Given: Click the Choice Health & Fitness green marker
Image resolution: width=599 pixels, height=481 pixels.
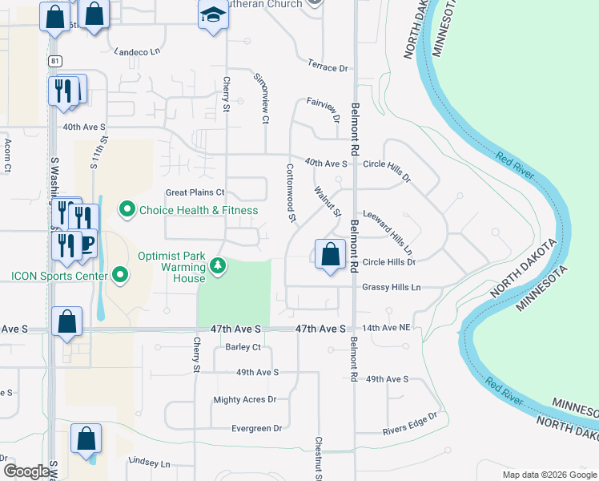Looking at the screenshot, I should coord(127,211).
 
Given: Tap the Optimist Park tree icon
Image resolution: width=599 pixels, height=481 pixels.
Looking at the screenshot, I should coord(216,265).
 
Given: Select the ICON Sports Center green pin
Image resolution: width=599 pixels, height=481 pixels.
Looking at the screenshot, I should coord(121,276).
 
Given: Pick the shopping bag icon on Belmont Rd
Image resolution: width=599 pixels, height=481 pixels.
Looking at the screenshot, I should coord(330,254).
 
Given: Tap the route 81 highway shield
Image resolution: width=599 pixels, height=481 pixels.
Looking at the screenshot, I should coord(54,61).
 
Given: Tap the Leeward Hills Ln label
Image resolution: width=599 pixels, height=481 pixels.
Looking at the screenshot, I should coord(388,229).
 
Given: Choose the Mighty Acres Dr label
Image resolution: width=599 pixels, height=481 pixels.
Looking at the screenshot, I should coord(244,399).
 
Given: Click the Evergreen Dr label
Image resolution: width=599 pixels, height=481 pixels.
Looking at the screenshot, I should coord(256,428).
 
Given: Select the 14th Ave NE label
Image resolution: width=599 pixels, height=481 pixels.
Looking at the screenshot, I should coord(386,329).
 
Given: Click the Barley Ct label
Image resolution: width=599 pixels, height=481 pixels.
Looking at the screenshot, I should coord(243,347).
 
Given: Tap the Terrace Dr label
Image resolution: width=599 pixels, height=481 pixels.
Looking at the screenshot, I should coord(328,67).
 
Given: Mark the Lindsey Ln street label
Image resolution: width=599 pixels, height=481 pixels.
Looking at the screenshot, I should coord(150,463).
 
